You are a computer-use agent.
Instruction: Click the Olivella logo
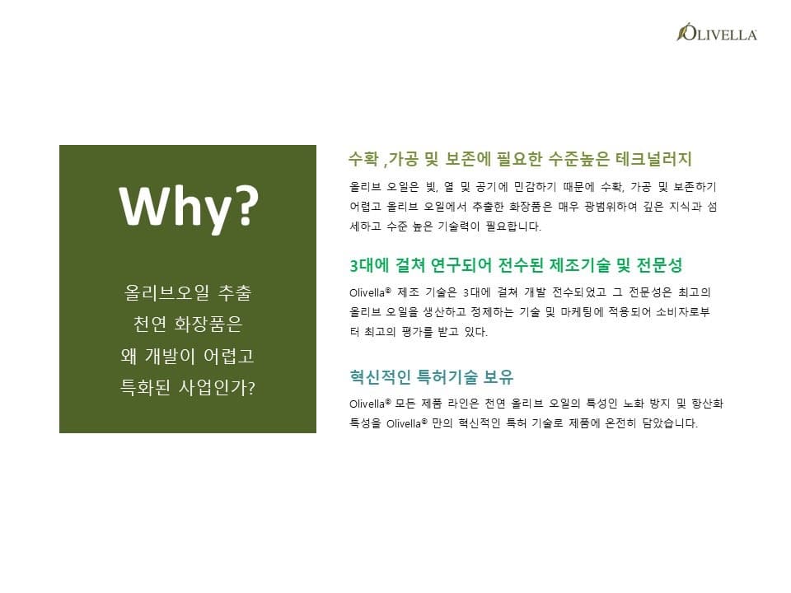click(x=716, y=32)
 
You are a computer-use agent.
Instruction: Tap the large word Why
click(x=176, y=207)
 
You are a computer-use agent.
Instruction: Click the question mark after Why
click(x=246, y=204)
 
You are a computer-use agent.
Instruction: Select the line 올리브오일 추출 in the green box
click(x=188, y=293)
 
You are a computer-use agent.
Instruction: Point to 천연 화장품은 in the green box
click(x=188, y=325)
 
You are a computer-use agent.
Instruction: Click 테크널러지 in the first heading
click(x=653, y=159)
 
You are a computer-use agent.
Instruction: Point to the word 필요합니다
click(x=513, y=226)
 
